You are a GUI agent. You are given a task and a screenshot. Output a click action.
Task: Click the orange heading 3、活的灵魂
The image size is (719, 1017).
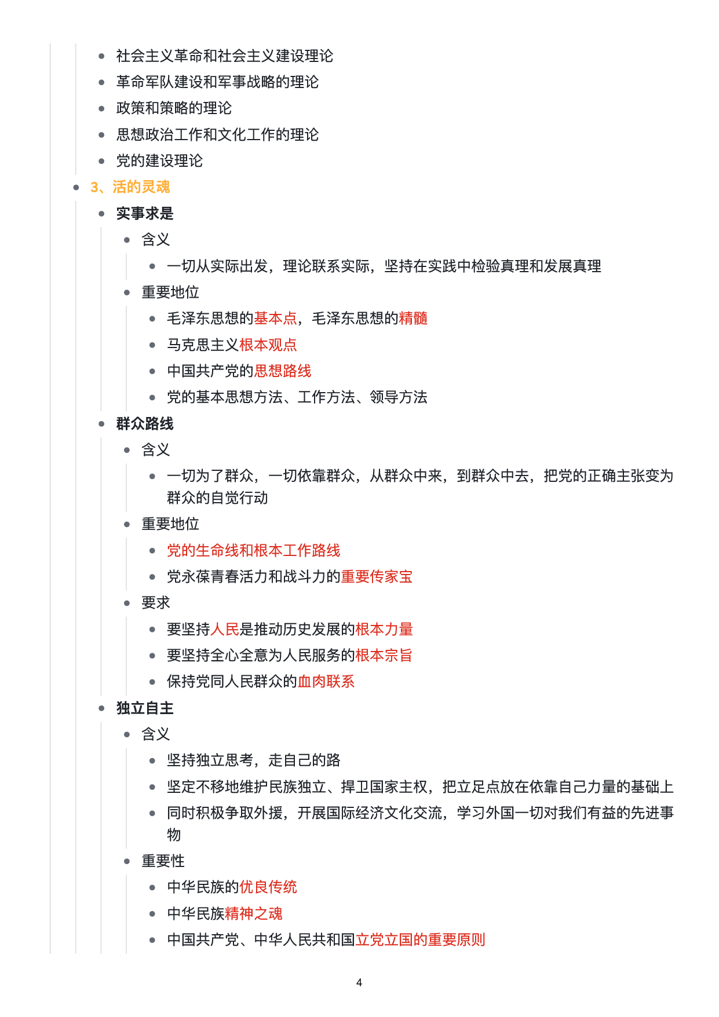[x=130, y=187]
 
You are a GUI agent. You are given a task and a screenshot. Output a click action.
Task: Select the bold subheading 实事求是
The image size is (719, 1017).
[x=145, y=214]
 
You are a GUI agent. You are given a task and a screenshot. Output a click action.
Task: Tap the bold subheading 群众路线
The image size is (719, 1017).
[x=145, y=424]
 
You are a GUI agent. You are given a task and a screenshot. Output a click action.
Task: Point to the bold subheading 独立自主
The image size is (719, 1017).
[x=145, y=708]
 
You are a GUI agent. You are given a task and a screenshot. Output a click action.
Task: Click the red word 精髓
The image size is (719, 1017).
[x=413, y=319]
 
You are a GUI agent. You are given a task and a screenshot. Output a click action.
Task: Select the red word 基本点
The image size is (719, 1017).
[x=275, y=319]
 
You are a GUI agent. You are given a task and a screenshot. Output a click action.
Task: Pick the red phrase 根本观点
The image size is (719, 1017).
[x=268, y=345]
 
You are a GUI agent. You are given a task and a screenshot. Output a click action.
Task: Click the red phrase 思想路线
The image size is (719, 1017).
[x=283, y=371]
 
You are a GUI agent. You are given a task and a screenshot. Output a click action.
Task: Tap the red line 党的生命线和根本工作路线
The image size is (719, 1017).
[x=254, y=551]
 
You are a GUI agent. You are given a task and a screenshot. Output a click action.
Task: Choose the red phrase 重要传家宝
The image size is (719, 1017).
[x=377, y=577]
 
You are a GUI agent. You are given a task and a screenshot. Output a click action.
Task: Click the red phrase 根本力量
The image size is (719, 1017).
[x=384, y=630]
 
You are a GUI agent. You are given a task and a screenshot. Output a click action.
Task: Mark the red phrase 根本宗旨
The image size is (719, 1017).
[x=384, y=656]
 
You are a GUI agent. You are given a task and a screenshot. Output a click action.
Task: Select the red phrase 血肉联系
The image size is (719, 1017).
[x=326, y=682]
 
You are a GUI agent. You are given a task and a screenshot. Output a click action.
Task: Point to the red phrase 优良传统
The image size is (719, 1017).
[x=268, y=887]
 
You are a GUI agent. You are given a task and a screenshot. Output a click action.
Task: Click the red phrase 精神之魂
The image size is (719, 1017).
[x=254, y=914]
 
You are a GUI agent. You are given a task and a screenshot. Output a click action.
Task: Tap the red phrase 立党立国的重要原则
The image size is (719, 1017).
[x=420, y=940]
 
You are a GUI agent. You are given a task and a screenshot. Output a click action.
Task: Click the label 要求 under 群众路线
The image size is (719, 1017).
[x=156, y=603]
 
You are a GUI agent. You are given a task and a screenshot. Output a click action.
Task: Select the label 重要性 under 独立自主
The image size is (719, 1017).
[x=163, y=861]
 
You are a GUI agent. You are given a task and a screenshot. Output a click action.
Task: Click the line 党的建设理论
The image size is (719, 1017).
[x=159, y=161]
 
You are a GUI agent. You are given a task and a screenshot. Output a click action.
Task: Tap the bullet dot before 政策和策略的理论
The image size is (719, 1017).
[x=102, y=108]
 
